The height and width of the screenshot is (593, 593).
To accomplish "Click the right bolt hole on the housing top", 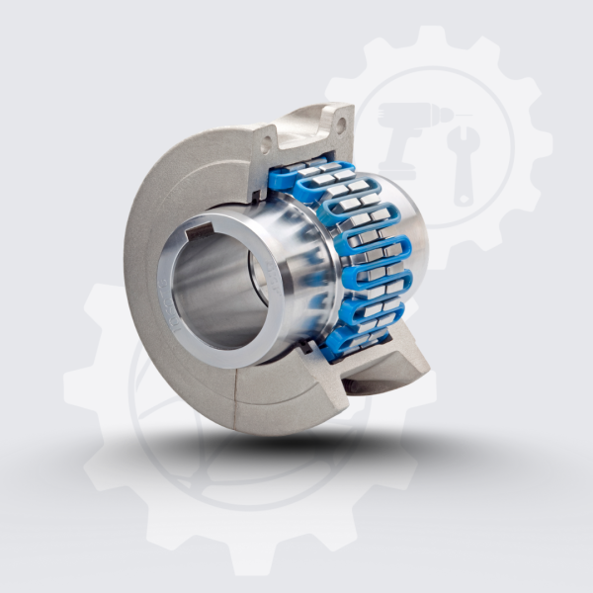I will click(x=341, y=126).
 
